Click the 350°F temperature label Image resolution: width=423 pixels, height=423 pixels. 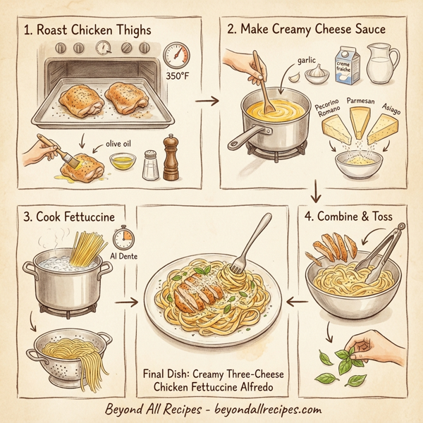178,77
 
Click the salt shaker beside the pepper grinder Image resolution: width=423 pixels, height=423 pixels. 149,164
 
